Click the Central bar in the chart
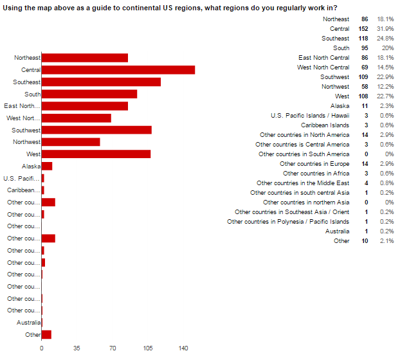click(x=118, y=70)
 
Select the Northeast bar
click(x=84, y=58)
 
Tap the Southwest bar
click(x=96, y=130)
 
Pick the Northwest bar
click(x=71, y=142)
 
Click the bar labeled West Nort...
click(x=76, y=118)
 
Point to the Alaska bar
click(x=46, y=166)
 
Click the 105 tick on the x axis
click(x=148, y=348)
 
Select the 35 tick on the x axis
click(x=77, y=348)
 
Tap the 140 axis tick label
click(x=183, y=348)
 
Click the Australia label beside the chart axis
click(x=28, y=323)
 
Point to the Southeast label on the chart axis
click(x=26, y=82)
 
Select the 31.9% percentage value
click(x=386, y=29)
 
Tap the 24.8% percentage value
click(x=386, y=39)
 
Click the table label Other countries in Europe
click(x=314, y=164)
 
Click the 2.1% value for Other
click(x=387, y=241)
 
